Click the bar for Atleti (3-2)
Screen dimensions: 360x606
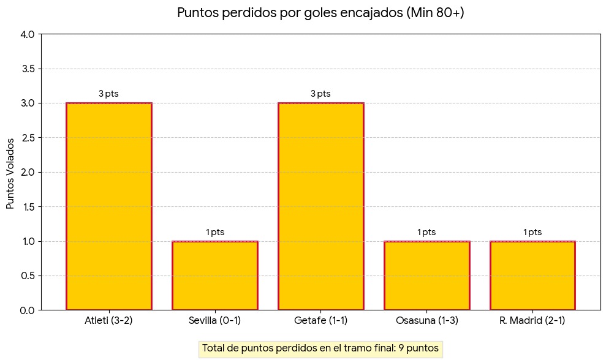pos(108,206)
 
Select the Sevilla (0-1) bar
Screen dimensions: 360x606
pos(214,276)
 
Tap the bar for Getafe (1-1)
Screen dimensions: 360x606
pos(320,206)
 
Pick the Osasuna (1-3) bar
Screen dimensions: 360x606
pos(426,276)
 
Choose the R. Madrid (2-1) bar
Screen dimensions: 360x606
pos(532,276)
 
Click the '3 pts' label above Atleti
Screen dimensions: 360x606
pos(108,94)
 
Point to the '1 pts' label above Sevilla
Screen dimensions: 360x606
pos(214,232)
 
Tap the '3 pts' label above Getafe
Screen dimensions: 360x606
pos(320,94)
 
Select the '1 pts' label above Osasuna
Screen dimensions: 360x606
pos(426,232)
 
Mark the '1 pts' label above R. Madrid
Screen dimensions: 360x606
pos(532,232)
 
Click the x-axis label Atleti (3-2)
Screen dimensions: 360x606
pos(108,321)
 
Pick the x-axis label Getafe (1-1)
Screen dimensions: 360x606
pos(320,321)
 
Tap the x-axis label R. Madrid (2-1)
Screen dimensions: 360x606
pos(532,321)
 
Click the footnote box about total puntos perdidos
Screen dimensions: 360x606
pos(320,348)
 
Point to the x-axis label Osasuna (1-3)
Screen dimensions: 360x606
pos(426,321)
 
